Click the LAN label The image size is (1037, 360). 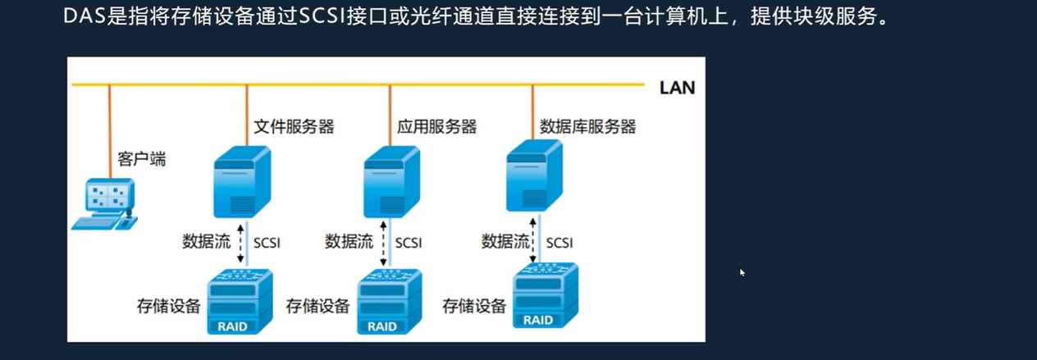coord(677,88)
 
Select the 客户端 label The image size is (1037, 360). coord(142,158)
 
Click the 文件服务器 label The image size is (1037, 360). coord(294,126)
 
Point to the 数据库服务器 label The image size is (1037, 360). coord(587,126)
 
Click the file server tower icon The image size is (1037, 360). coord(240,181)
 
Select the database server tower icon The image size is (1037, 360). coord(534,175)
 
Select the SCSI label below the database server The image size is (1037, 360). coord(560,243)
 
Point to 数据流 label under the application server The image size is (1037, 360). coord(349,242)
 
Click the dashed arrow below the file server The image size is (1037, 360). coord(240,242)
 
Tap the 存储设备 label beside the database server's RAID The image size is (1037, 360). coord(474,307)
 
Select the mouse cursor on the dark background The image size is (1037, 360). coord(742,272)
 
